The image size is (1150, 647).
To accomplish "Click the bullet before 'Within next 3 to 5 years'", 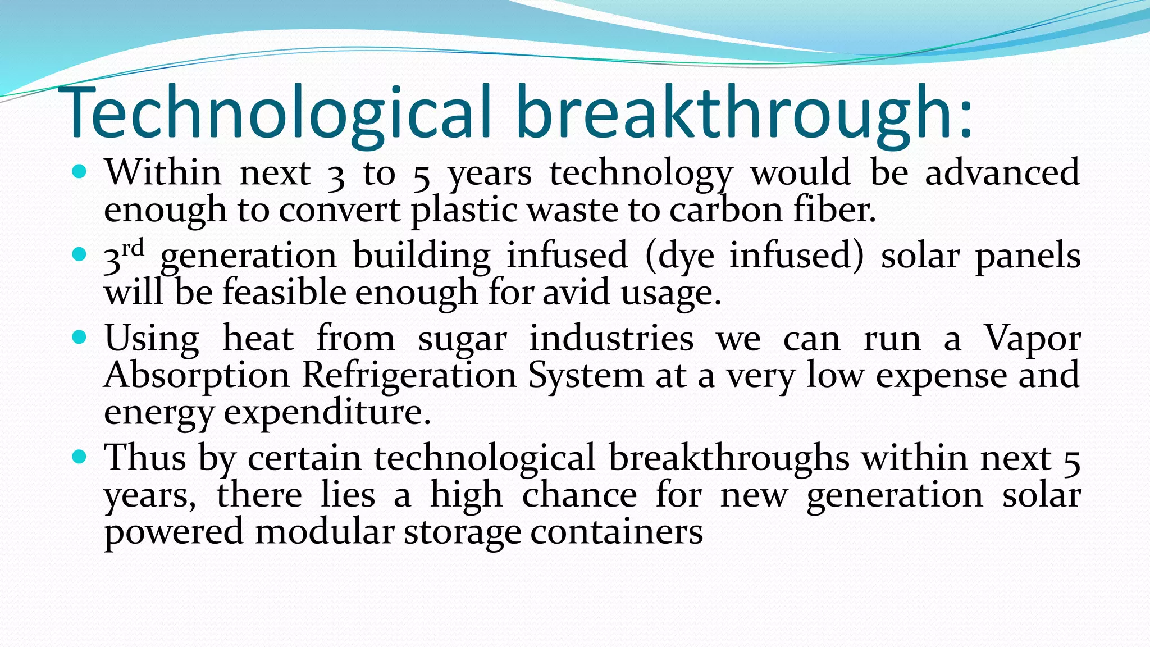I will [x=80, y=171].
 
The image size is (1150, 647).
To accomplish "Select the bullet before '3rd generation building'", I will [x=80, y=254].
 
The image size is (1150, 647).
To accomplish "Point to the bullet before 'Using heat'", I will [x=80, y=337].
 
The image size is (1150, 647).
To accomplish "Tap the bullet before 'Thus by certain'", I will [x=80, y=456].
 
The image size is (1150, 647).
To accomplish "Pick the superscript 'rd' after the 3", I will [x=133, y=248].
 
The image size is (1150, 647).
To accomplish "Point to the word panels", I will [x=1028, y=256].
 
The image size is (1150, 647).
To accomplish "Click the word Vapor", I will [x=1033, y=339].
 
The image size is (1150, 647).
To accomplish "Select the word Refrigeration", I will [x=409, y=375].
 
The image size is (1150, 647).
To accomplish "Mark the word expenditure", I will [x=327, y=413].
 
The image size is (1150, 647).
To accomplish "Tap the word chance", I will [x=579, y=495].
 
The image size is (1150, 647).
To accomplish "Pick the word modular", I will [x=325, y=531].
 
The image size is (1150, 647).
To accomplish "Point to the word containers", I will [x=616, y=531].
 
